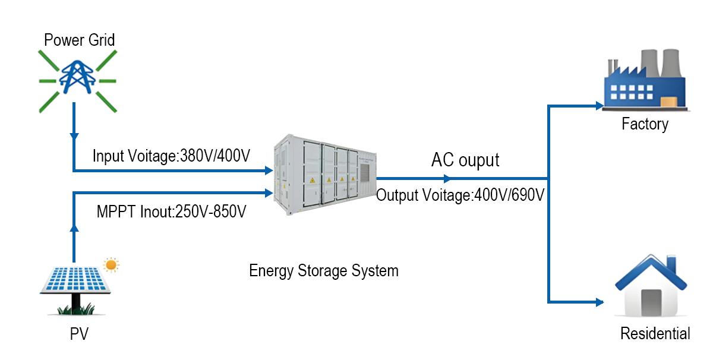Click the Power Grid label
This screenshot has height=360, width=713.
point(79,40)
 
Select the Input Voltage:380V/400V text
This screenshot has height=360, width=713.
point(171,157)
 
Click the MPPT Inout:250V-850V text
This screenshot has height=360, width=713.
point(172,211)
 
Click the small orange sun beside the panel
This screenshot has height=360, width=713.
point(111,264)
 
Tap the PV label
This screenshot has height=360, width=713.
point(78,334)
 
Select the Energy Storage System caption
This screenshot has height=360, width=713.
point(324,271)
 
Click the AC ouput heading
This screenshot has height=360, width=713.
point(465,160)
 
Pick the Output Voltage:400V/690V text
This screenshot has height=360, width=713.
point(460,195)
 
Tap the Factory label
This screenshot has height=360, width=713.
point(645,124)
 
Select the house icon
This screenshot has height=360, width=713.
point(651,289)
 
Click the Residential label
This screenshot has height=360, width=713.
point(655,334)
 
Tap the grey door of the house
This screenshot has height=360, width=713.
point(651,303)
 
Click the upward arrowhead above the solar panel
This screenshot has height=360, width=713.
point(74,228)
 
